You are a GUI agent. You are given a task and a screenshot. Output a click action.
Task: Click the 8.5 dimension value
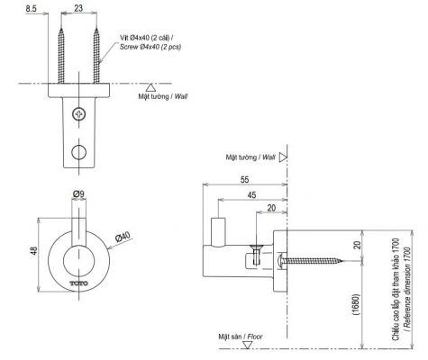pos(31,8)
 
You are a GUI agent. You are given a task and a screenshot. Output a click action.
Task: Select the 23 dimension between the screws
pos(78,8)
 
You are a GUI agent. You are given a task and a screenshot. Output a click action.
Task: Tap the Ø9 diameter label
pos(78,194)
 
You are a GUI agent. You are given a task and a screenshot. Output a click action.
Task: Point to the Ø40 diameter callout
pos(123,237)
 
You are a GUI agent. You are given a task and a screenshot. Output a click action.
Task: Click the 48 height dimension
pos(34,250)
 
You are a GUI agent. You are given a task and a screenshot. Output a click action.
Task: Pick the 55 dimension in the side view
pos(245,179)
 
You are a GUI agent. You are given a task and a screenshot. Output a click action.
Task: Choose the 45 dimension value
pos(251,195)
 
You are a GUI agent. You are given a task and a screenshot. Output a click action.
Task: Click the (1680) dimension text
pos(356,304)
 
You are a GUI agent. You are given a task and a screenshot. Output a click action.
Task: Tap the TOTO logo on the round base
pos(79,283)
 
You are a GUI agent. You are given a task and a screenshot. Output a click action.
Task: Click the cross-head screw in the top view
pos(79,114)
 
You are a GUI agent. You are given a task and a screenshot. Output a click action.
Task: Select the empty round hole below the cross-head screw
pos(79,152)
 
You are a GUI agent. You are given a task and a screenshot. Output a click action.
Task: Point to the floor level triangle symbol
pos(247,345)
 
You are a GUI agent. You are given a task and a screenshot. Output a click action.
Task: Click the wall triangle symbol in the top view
pos(150,87)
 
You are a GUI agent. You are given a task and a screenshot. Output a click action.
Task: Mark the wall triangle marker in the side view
pos(283,157)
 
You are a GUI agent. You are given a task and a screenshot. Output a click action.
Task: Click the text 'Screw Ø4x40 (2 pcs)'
pos(150,47)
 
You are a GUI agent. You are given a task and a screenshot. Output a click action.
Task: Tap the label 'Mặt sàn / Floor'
pos(241,337)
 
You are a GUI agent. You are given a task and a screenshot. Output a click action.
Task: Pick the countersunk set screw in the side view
pos(256,255)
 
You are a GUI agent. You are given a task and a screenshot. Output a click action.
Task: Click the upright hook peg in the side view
pos(218,231)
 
